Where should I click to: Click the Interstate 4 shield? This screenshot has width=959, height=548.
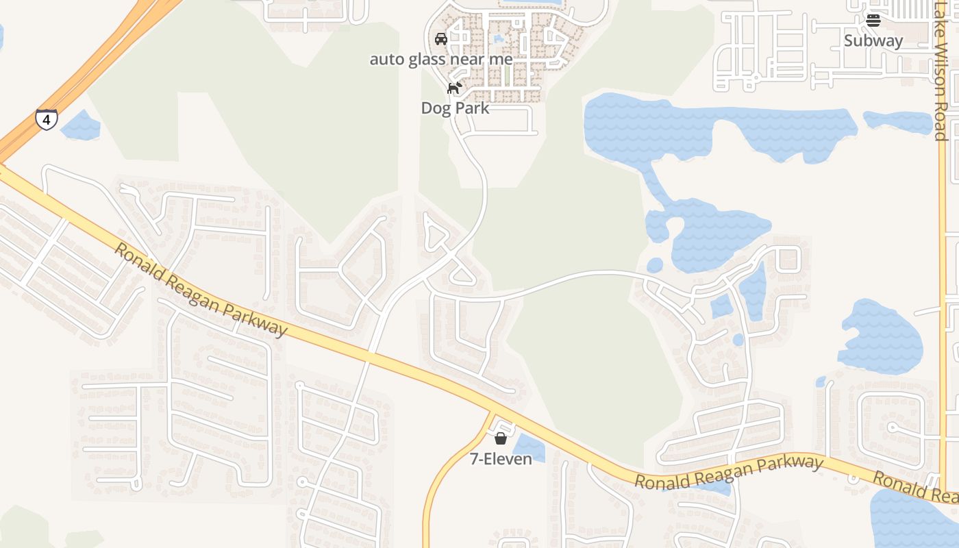click(x=47, y=120)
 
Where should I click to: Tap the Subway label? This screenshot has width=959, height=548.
click(x=873, y=40)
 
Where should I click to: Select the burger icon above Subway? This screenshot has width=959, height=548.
click(x=873, y=20)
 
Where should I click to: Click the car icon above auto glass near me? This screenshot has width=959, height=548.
click(x=441, y=38)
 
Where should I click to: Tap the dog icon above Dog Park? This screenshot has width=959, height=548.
click(x=453, y=88)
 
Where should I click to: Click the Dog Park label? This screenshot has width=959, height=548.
click(x=455, y=108)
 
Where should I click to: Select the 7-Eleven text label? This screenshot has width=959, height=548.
click(x=501, y=459)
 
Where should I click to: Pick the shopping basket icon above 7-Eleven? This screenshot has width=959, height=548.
click(x=501, y=438)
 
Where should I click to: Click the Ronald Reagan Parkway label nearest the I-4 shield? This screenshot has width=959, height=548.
click(x=199, y=290)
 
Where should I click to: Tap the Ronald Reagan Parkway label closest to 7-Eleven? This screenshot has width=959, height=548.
click(x=728, y=472)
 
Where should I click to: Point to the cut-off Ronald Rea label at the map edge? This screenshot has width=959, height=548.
click(x=915, y=486)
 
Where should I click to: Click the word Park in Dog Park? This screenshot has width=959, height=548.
click(x=473, y=108)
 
